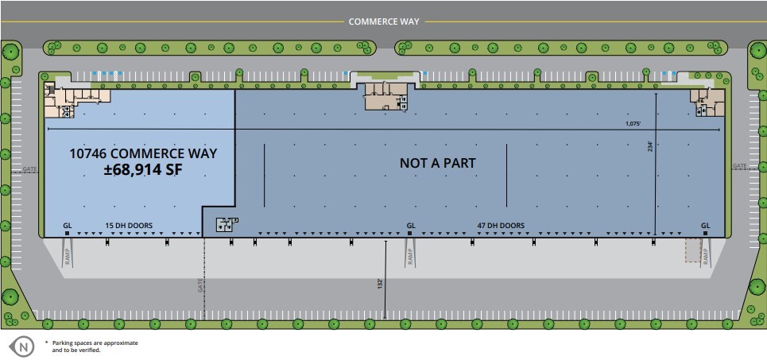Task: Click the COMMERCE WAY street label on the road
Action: tap(383, 21)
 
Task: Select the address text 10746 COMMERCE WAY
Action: tap(143, 153)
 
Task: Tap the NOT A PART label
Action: tap(437, 163)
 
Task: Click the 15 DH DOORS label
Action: tap(129, 226)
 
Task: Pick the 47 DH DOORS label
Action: tap(501, 226)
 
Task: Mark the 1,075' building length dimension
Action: tap(633, 123)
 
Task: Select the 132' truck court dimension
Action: tap(382, 283)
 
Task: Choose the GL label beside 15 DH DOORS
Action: tap(68, 226)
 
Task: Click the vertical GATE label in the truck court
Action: tap(199, 285)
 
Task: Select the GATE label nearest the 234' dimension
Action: tap(739, 166)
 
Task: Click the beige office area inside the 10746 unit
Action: tap(76, 100)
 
